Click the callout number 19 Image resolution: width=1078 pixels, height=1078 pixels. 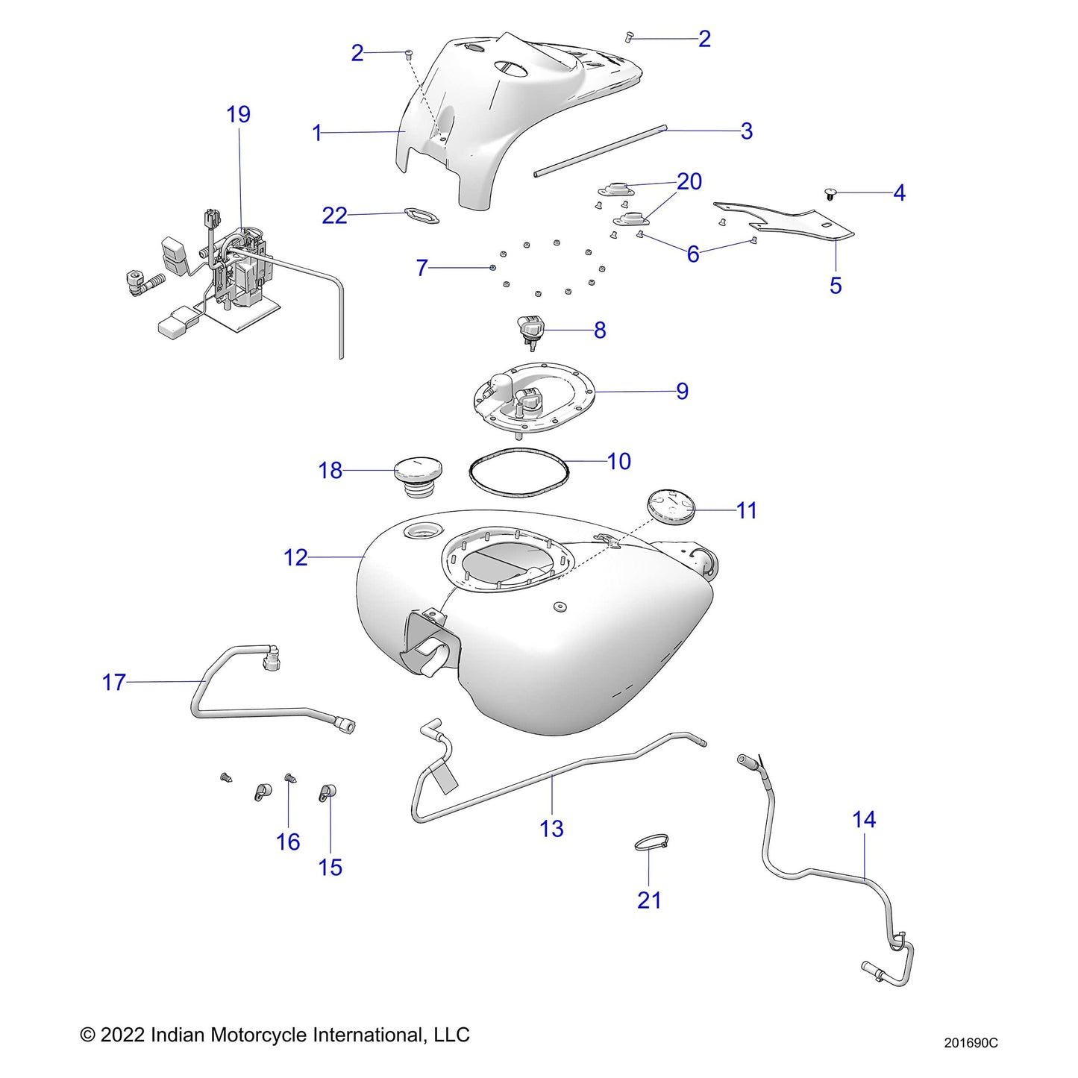coord(238,114)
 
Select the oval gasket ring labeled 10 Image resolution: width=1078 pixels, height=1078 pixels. coord(518,472)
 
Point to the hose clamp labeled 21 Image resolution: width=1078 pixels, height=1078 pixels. coord(649,844)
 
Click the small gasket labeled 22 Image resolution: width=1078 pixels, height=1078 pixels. coord(421,216)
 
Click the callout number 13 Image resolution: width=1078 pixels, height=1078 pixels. coord(551,828)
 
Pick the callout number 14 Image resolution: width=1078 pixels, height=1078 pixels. coord(863,819)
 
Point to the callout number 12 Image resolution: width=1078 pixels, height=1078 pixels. coord(295,557)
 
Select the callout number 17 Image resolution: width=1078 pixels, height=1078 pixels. coord(113,682)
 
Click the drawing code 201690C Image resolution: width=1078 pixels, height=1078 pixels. coord(971,1043)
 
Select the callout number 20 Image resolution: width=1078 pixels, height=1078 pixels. coord(689,181)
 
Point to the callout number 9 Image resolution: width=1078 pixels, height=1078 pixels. coord(682,391)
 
